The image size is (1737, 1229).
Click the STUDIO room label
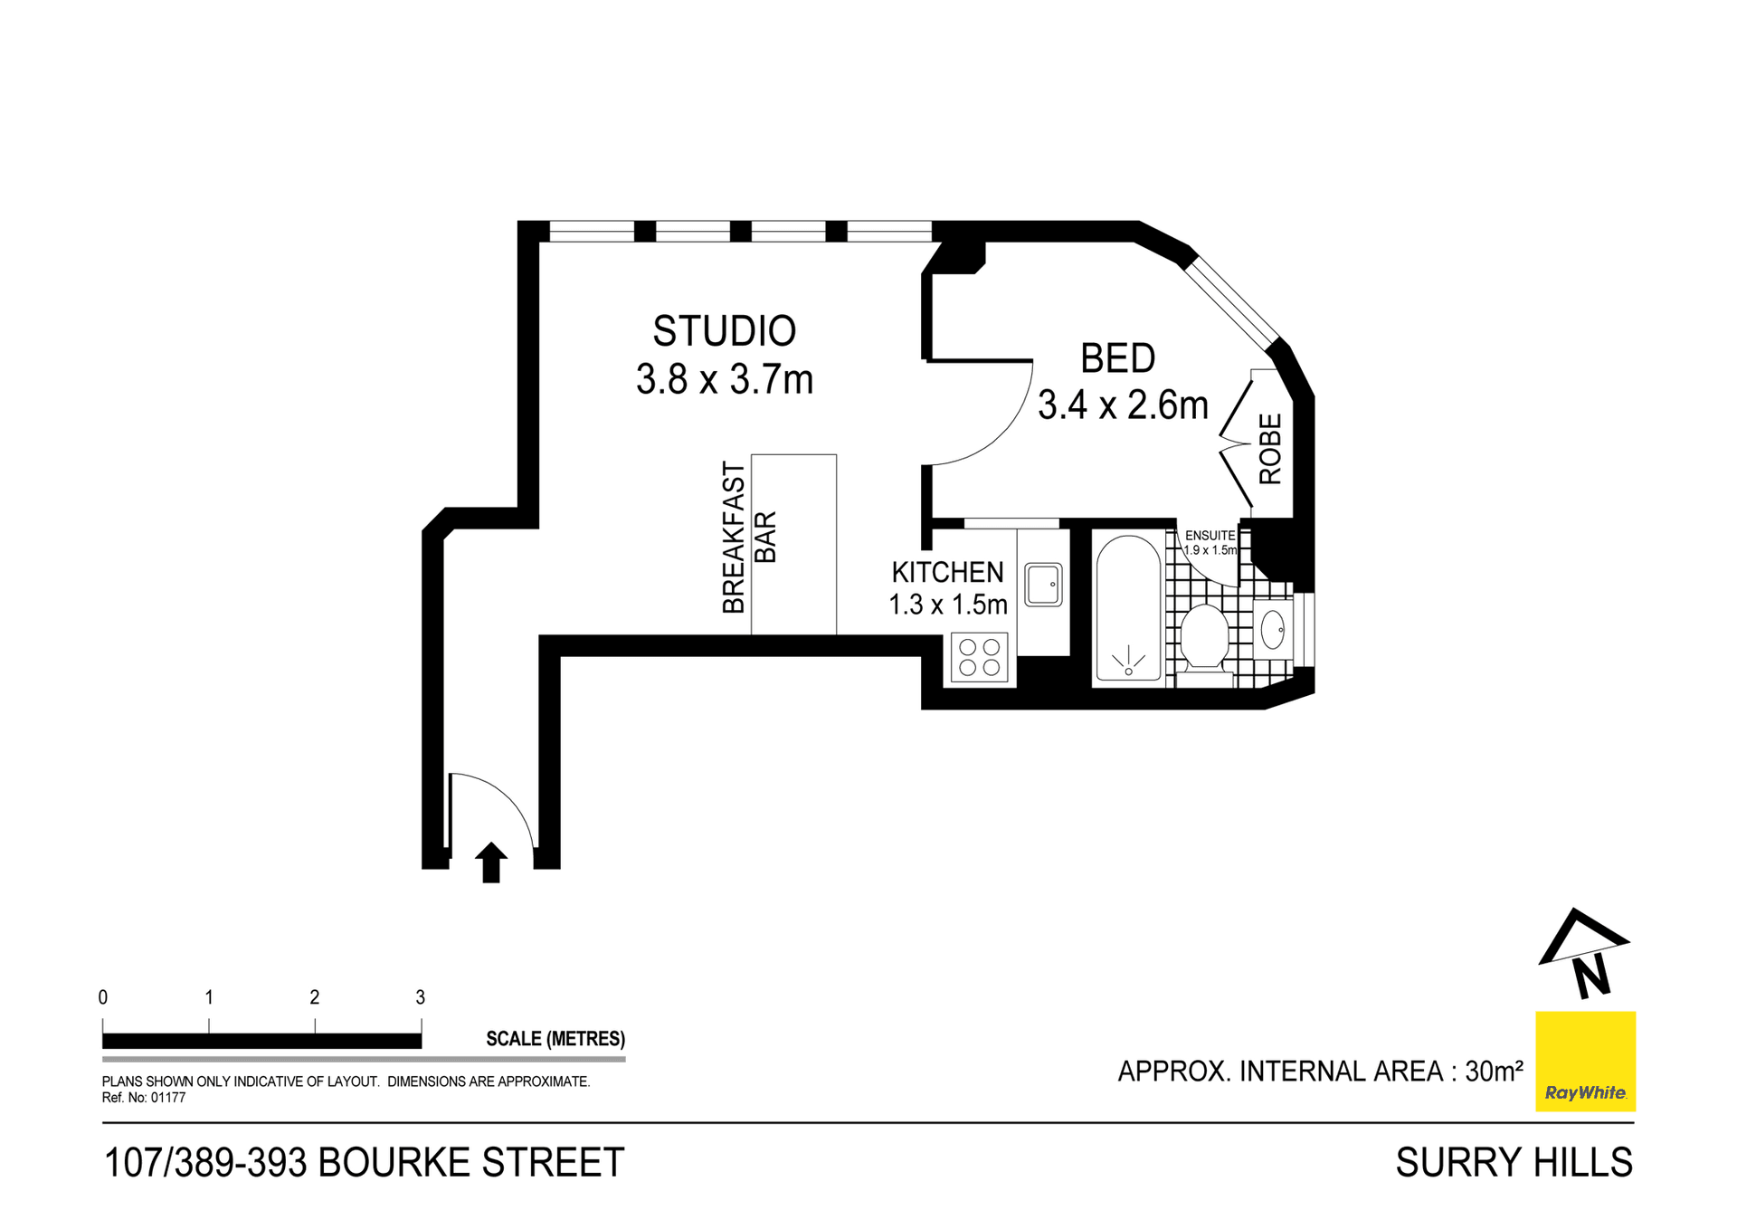[724, 331]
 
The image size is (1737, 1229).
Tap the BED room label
[1117, 359]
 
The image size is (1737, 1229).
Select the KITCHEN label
[947, 572]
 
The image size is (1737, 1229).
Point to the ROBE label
[1270, 449]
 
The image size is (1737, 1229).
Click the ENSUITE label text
[1210, 536]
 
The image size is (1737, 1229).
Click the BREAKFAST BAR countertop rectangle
[793, 544]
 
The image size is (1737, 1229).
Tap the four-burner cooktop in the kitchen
[979, 658]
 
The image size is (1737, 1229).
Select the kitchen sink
[1043, 585]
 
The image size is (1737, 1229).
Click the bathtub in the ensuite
[1128, 607]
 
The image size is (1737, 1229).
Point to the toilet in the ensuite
[1204, 638]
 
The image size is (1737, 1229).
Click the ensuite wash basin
[1272, 630]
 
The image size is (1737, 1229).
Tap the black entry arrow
[491, 862]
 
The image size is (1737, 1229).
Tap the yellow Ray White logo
[1585, 1061]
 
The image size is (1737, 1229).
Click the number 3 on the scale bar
[420, 997]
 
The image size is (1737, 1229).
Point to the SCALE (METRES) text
[555, 1039]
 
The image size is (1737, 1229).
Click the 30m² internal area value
[1494, 1072]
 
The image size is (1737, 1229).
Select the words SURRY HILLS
[1514, 1163]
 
